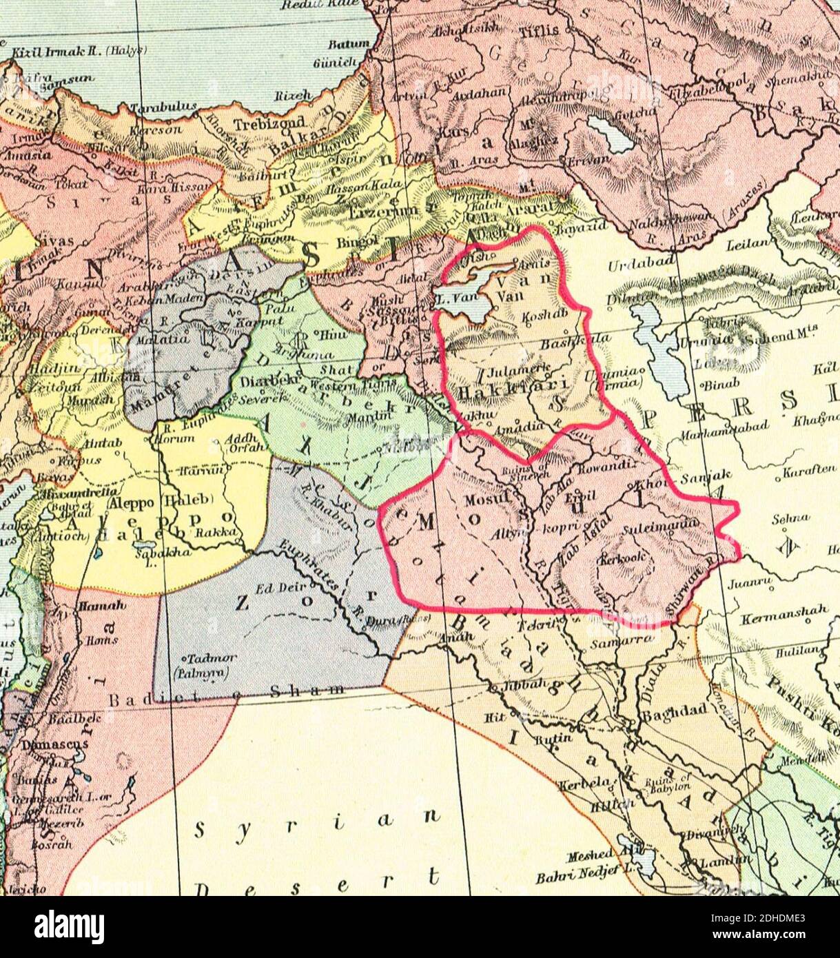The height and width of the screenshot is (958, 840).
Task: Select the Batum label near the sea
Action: [x=349, y=43]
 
